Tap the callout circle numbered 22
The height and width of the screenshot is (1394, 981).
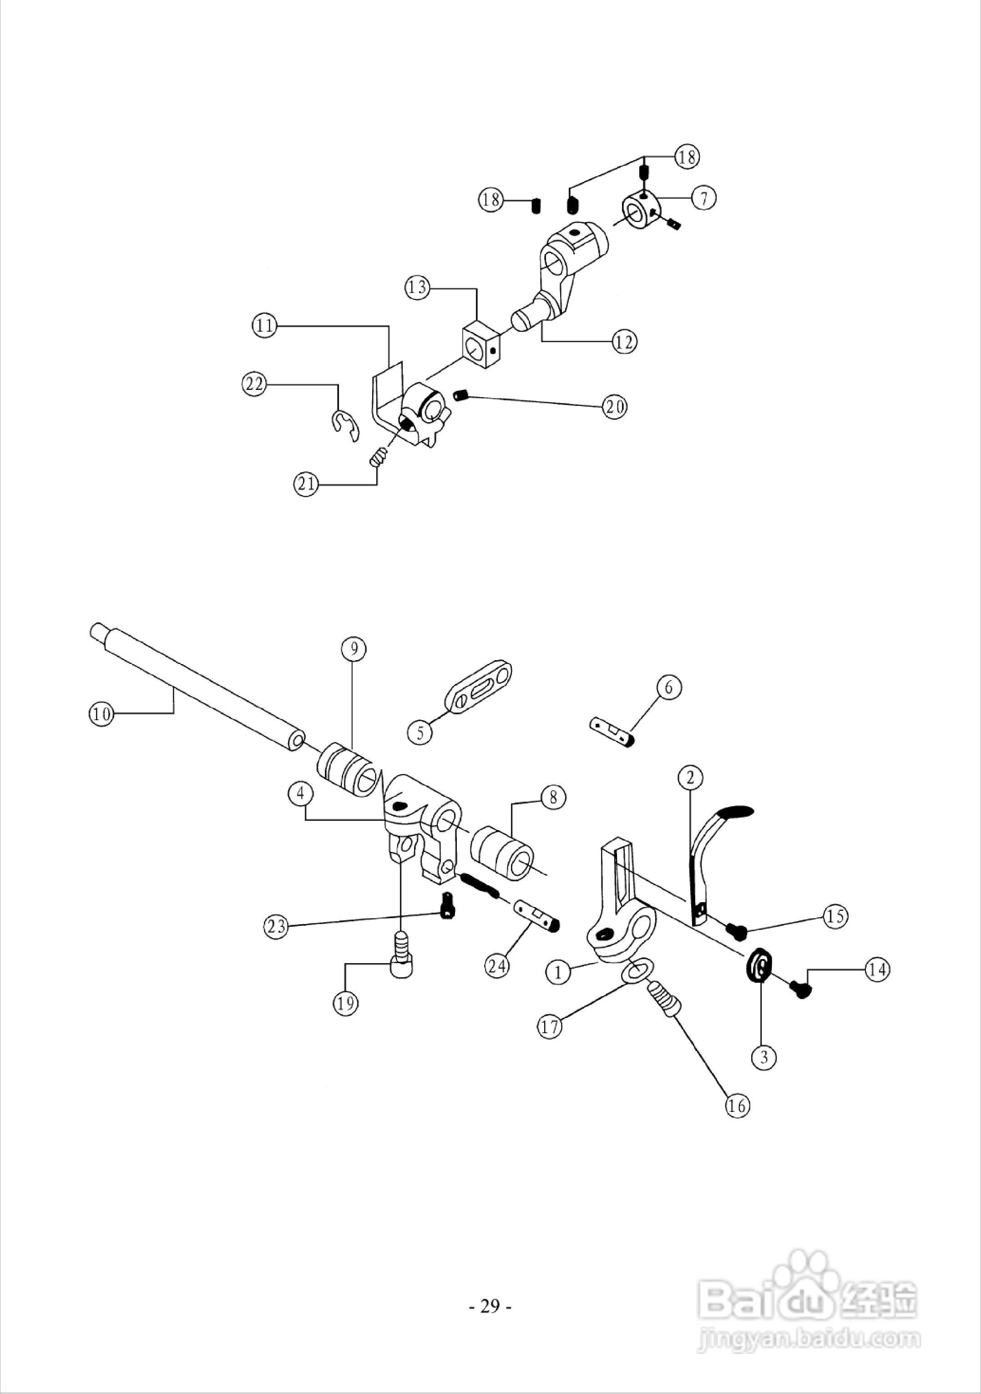click(x=255, y=384)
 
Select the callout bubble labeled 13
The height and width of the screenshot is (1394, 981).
click(x=418, y=287)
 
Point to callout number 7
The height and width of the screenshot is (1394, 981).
click(x=703, y=198)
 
